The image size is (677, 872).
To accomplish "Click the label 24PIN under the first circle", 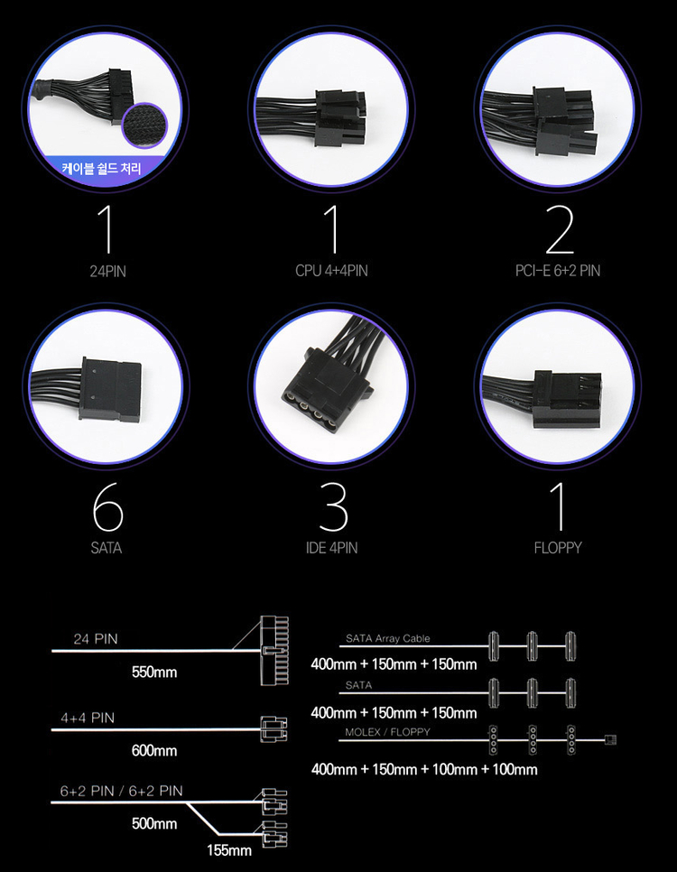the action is coord(108,272).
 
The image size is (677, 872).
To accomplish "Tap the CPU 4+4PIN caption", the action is coord(331,271).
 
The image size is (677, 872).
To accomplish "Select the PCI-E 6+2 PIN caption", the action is coord(558,271).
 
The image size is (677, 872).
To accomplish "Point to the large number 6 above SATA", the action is coord(107,507).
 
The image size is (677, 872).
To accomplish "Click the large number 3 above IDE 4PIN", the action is coord(333,507).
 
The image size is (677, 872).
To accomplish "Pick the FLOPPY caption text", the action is coord(558,548).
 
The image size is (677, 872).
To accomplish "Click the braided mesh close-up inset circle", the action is coord(144,126).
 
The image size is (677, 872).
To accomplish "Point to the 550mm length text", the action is coord(154,673).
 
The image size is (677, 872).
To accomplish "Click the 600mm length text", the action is coord(154,751).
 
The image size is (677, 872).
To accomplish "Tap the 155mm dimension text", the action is coord(229,850).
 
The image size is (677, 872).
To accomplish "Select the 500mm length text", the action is coord(154,823).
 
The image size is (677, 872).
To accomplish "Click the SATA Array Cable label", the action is coord(388,638).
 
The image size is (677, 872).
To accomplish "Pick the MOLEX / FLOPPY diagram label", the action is coord(388,732).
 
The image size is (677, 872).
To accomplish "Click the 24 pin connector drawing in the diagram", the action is coord(274,651).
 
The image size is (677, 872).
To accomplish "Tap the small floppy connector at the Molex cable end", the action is coord(611,740).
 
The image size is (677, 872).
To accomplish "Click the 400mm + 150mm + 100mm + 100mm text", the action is coord(424,770).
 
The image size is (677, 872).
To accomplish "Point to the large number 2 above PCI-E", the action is coord(559,229).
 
